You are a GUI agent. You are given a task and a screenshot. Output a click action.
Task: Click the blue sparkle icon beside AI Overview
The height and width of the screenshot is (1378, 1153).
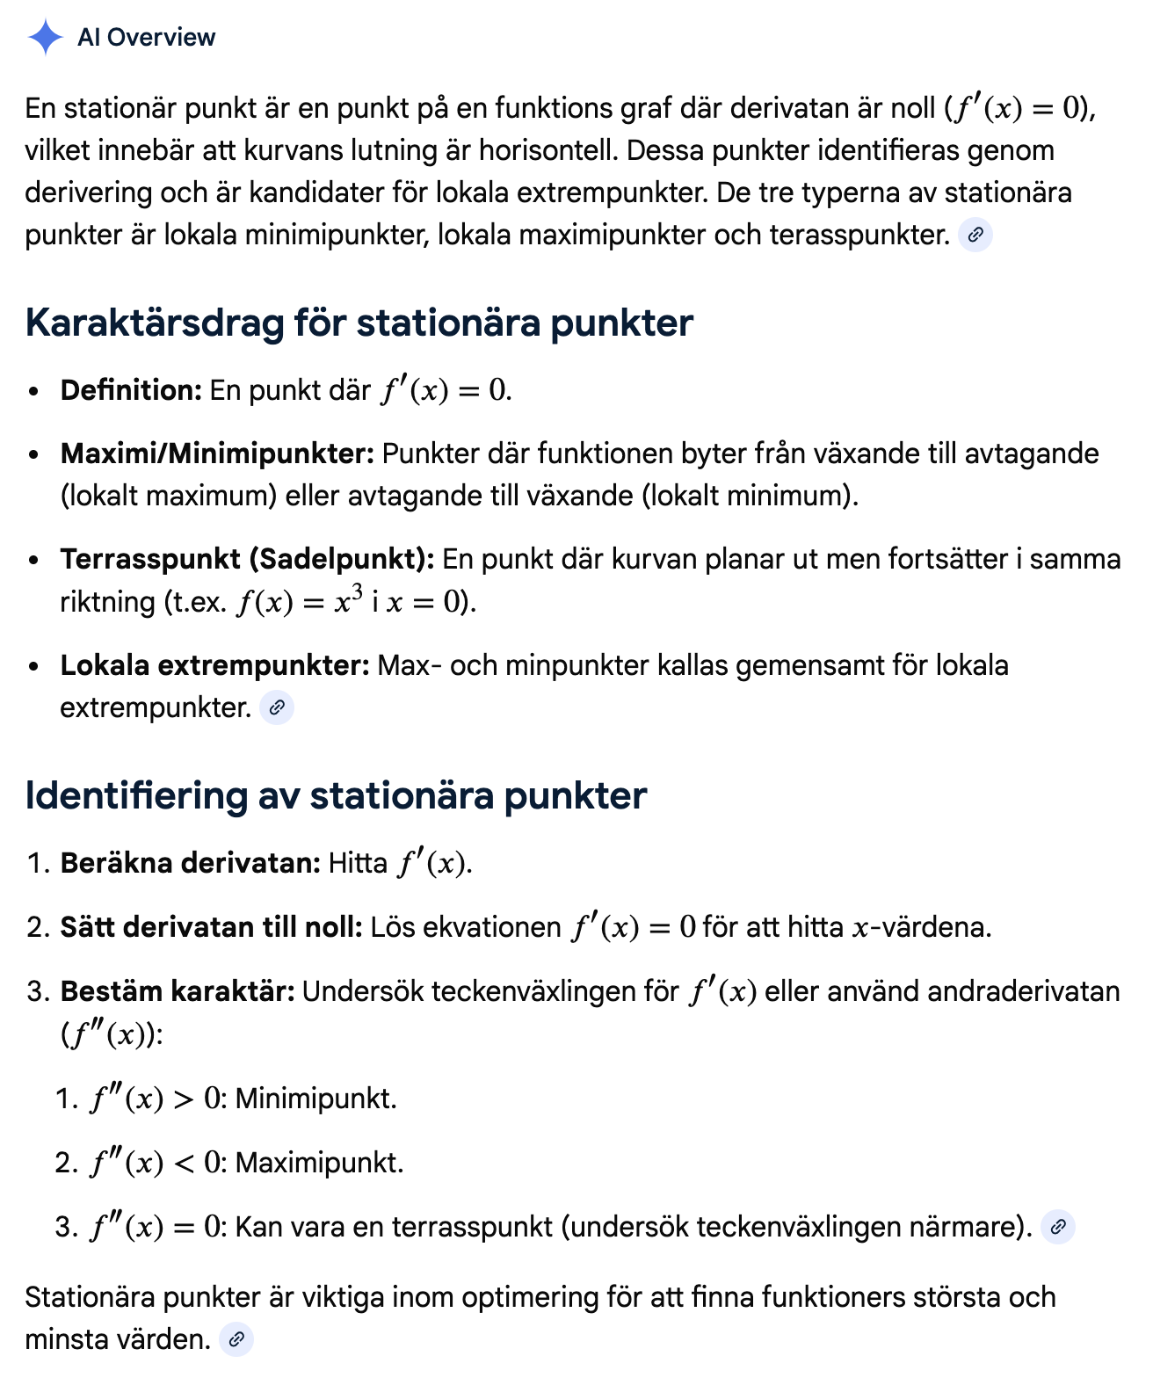pyautogui.click(x=45, y=37)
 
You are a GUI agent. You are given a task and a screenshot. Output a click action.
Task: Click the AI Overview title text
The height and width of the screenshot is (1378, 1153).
pyautogui.click(x=146, y=37)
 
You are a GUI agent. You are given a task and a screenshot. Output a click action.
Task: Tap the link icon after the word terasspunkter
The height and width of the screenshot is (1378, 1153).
pyautogui.click(x=975, y=236)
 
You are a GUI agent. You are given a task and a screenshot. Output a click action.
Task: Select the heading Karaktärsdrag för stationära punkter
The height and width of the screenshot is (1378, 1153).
pyautogui.click(x=359, y=323)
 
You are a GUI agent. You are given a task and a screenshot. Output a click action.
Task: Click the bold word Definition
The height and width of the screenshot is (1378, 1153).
pyautogui.click(x=131, y=390)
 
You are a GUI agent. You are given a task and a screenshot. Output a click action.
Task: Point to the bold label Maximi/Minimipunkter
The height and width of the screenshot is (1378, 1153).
pyautogui.click(x=217, y=453)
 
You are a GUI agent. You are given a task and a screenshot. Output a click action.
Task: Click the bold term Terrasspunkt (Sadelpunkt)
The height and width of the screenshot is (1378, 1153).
pyautogui.click(x=247, y=559)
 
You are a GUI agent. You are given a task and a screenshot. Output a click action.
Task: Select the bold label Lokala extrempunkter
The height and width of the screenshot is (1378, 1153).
pyautogui.click(x=214, y=665)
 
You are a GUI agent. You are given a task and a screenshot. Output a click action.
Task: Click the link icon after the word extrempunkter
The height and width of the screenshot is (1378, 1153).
pyautogui.click(x=277, y=707)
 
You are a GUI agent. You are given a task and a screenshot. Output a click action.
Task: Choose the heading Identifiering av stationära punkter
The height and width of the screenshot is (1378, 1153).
pyautogui.click(x=336, y=795)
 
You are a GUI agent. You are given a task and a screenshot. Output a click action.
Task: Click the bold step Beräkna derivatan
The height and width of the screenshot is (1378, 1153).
pyautogui.click(x=190, y=863)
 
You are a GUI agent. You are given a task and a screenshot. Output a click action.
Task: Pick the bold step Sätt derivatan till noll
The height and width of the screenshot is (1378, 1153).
pyautogui.click(x=211, y=927)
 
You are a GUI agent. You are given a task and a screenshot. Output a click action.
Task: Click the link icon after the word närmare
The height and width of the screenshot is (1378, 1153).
pyautogui.click(x=1058, y=1227)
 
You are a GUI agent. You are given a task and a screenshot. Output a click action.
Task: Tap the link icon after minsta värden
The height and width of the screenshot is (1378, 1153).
pyautogui.click(x=236, y=1339)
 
